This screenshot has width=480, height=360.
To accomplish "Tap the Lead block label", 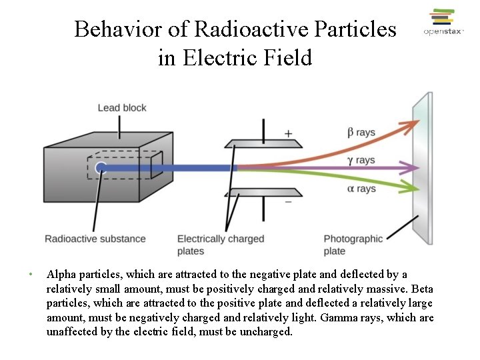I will [122, 108].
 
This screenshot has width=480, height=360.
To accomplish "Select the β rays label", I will [361, 133].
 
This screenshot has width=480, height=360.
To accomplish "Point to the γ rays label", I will [361, 160].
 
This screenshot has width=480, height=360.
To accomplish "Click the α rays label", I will [361, 189].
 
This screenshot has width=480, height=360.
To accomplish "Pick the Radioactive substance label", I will [95, 239].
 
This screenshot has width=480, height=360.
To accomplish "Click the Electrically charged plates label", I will [221, 245].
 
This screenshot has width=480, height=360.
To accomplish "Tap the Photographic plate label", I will [353, 245].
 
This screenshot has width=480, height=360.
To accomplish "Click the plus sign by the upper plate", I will [288, 133].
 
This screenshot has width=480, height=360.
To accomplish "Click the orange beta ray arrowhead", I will [414, 123].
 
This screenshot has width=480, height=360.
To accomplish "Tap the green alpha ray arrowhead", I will [414, 187].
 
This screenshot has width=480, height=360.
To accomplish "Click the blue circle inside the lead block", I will [101, 168].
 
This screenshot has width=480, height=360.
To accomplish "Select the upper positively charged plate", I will [263, 143].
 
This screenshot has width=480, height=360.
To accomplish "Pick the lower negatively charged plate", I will [263, 193].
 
